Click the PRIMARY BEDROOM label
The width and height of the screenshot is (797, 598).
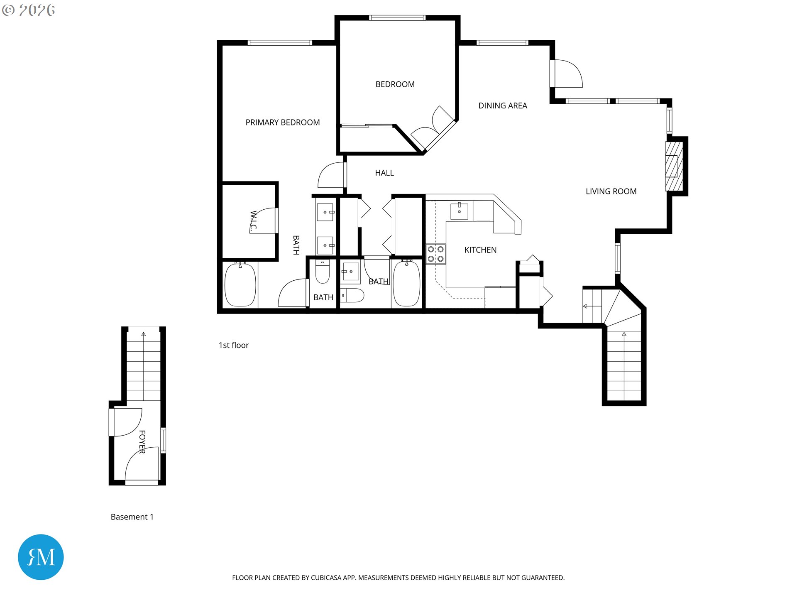283,123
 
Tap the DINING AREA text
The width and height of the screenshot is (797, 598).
503,106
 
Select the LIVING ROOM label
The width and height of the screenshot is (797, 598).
611,191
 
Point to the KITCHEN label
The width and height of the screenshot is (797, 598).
480,250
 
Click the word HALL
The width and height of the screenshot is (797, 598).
384,173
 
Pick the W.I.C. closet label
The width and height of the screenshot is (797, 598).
254,220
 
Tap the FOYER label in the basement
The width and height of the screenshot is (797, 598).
142,442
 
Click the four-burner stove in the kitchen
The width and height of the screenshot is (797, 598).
436,254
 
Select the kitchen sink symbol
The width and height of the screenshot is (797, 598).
459,211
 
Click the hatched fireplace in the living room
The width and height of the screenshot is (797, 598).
674,166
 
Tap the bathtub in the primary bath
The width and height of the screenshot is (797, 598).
240,284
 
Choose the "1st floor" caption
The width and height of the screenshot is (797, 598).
234,345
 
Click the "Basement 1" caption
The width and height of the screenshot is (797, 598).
132,517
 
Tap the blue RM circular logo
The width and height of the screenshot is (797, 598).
41,557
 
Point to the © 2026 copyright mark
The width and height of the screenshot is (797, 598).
29,10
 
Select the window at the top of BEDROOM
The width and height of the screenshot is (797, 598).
397,18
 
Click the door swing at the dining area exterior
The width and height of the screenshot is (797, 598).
569,74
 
